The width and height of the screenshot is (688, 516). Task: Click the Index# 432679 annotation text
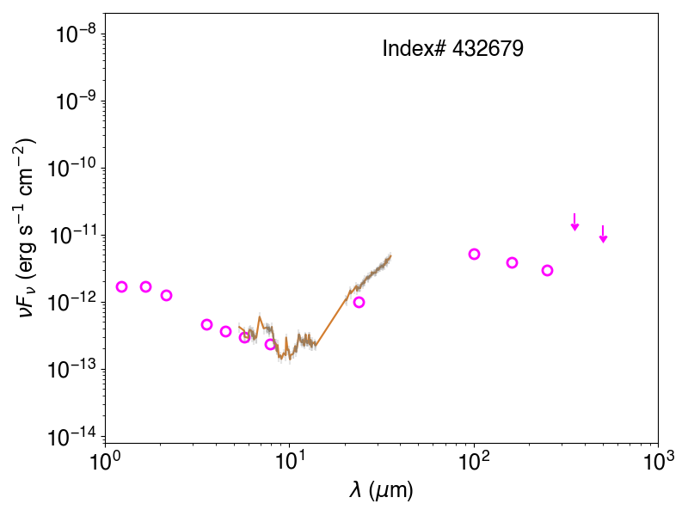(453, 48)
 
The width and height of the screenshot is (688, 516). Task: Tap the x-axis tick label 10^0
(105, 462)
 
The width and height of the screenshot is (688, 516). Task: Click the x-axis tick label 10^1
(289, 462)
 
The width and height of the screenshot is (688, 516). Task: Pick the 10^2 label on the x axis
(474, 462)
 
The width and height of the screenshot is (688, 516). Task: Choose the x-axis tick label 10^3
(658, 462)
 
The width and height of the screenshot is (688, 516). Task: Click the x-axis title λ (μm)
(381, 490)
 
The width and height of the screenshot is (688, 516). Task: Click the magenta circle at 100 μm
(474, 254)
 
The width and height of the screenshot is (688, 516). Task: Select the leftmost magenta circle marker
(121, 286)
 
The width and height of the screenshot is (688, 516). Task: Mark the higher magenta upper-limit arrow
(574, 222)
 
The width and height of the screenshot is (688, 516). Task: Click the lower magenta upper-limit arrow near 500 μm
(604, 234)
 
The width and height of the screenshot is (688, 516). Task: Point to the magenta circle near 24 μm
(359, 303)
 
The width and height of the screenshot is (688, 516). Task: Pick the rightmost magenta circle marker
(547, 270)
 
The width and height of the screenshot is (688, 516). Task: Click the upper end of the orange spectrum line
(390, 255)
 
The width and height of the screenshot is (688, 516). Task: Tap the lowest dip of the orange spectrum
(289, 359)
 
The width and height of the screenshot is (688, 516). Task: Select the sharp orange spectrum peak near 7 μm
(260, 316)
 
